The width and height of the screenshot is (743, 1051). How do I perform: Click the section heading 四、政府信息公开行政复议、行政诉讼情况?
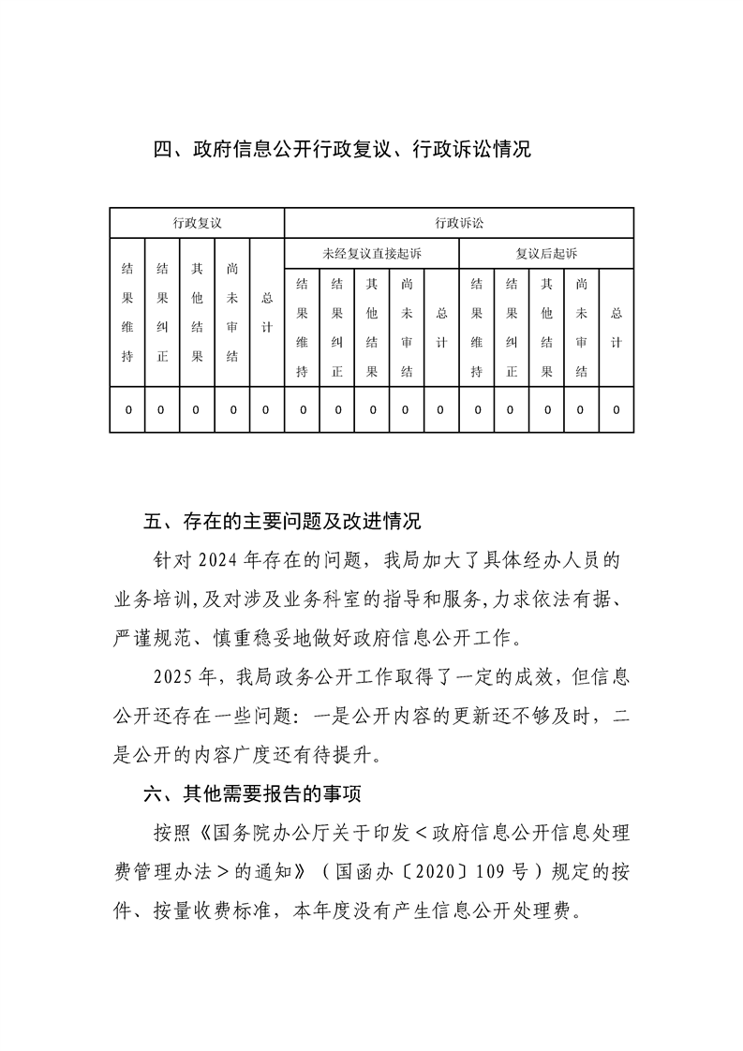coord(342,148)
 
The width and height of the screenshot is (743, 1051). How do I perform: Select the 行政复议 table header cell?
coord(197,223)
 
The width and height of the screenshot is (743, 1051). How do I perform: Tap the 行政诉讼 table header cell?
coord(459,223)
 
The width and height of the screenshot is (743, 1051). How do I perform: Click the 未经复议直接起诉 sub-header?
coord(372,254)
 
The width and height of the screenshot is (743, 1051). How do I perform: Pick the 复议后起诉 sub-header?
coord(546,254)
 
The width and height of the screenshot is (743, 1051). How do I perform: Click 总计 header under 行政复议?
coord(266,313)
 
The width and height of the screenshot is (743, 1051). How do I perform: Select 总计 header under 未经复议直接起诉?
coord(441,328)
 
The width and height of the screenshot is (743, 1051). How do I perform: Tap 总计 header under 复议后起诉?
coord(617,328)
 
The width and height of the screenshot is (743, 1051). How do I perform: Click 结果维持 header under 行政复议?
coord(127,313)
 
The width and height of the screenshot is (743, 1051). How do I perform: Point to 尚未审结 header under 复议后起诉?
coord(582,328)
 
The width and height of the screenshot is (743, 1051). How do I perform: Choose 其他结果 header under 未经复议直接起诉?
coord(372,328)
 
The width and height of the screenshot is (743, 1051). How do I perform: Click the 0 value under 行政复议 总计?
coord(266,410)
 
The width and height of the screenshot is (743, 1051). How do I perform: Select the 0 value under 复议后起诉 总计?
coord(617,410)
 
